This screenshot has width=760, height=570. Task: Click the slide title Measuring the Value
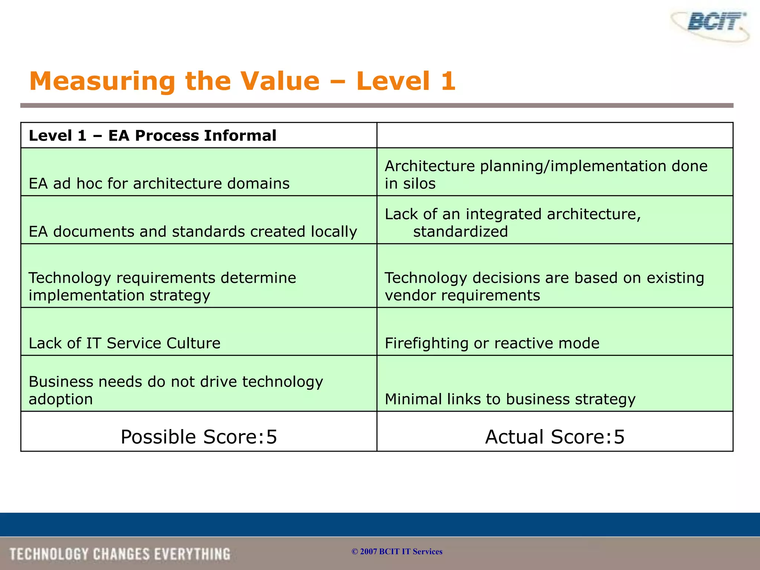[242, 81]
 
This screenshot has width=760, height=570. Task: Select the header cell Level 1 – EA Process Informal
[152, 135]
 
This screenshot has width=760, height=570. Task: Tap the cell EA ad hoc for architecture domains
[159, 183]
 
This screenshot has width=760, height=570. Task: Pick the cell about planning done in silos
[546, 174]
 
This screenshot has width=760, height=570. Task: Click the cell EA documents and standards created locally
[193, 231]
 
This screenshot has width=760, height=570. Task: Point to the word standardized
[460, 232]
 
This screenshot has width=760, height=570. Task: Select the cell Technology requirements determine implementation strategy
[162, 286]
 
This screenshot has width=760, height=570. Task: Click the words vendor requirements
[462, 295]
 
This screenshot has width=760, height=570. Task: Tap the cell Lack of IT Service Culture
[124, 343]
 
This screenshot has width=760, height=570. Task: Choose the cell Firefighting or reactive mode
[492, 343]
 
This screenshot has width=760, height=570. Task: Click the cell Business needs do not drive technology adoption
[176, 390]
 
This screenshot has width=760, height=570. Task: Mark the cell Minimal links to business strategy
[510, 399]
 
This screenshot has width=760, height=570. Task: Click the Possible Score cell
[199, 436]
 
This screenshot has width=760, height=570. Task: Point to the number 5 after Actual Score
[619, 437]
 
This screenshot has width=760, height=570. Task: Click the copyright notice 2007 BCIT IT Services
[397, 551]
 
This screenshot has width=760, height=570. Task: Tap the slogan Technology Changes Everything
[119, 554]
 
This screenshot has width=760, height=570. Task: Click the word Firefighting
[426, 343]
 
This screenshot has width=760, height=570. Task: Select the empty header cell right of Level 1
[554, 135]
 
